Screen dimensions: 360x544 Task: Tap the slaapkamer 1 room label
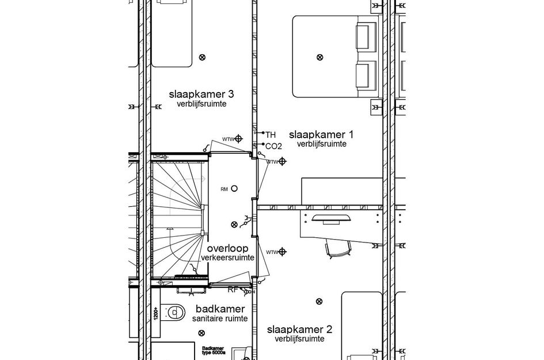pos(321,134)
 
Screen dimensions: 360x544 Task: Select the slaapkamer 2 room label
pos(299,329)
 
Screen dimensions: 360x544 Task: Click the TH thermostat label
pos(271,134)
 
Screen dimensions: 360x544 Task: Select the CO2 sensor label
pos(273,146)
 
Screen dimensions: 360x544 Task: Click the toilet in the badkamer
pos(173,312)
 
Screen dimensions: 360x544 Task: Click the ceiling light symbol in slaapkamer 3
pos(201,56)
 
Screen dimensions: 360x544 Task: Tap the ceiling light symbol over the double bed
pos(320,56)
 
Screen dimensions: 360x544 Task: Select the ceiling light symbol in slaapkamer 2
pos(319,301)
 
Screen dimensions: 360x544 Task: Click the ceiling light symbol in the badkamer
pos(201,333)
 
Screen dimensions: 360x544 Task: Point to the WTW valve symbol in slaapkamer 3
pos(239,139)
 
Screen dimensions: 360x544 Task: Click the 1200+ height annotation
pos(156,313)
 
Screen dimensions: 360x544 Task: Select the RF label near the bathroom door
pos(233,290)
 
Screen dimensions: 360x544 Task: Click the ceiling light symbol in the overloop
pos(234,224)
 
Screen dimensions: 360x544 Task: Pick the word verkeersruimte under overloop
pos(227,257)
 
